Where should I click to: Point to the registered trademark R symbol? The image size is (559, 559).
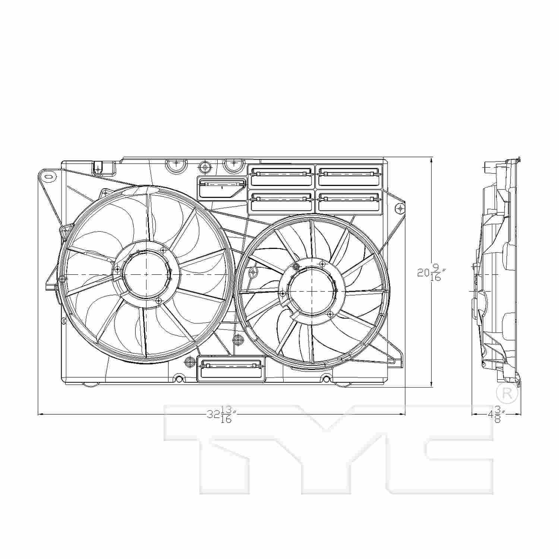tap(508, 394)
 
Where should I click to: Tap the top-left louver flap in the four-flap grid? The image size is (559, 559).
tap(282, 176)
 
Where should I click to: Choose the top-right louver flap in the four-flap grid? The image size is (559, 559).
tap(350, 176)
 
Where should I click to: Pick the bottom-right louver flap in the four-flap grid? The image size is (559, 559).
tap(350, 202)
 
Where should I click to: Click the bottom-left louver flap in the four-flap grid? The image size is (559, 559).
tap(282, 202)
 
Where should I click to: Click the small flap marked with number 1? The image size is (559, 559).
tap(222, 188)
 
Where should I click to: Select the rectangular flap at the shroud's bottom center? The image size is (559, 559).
tap(231, 369)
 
